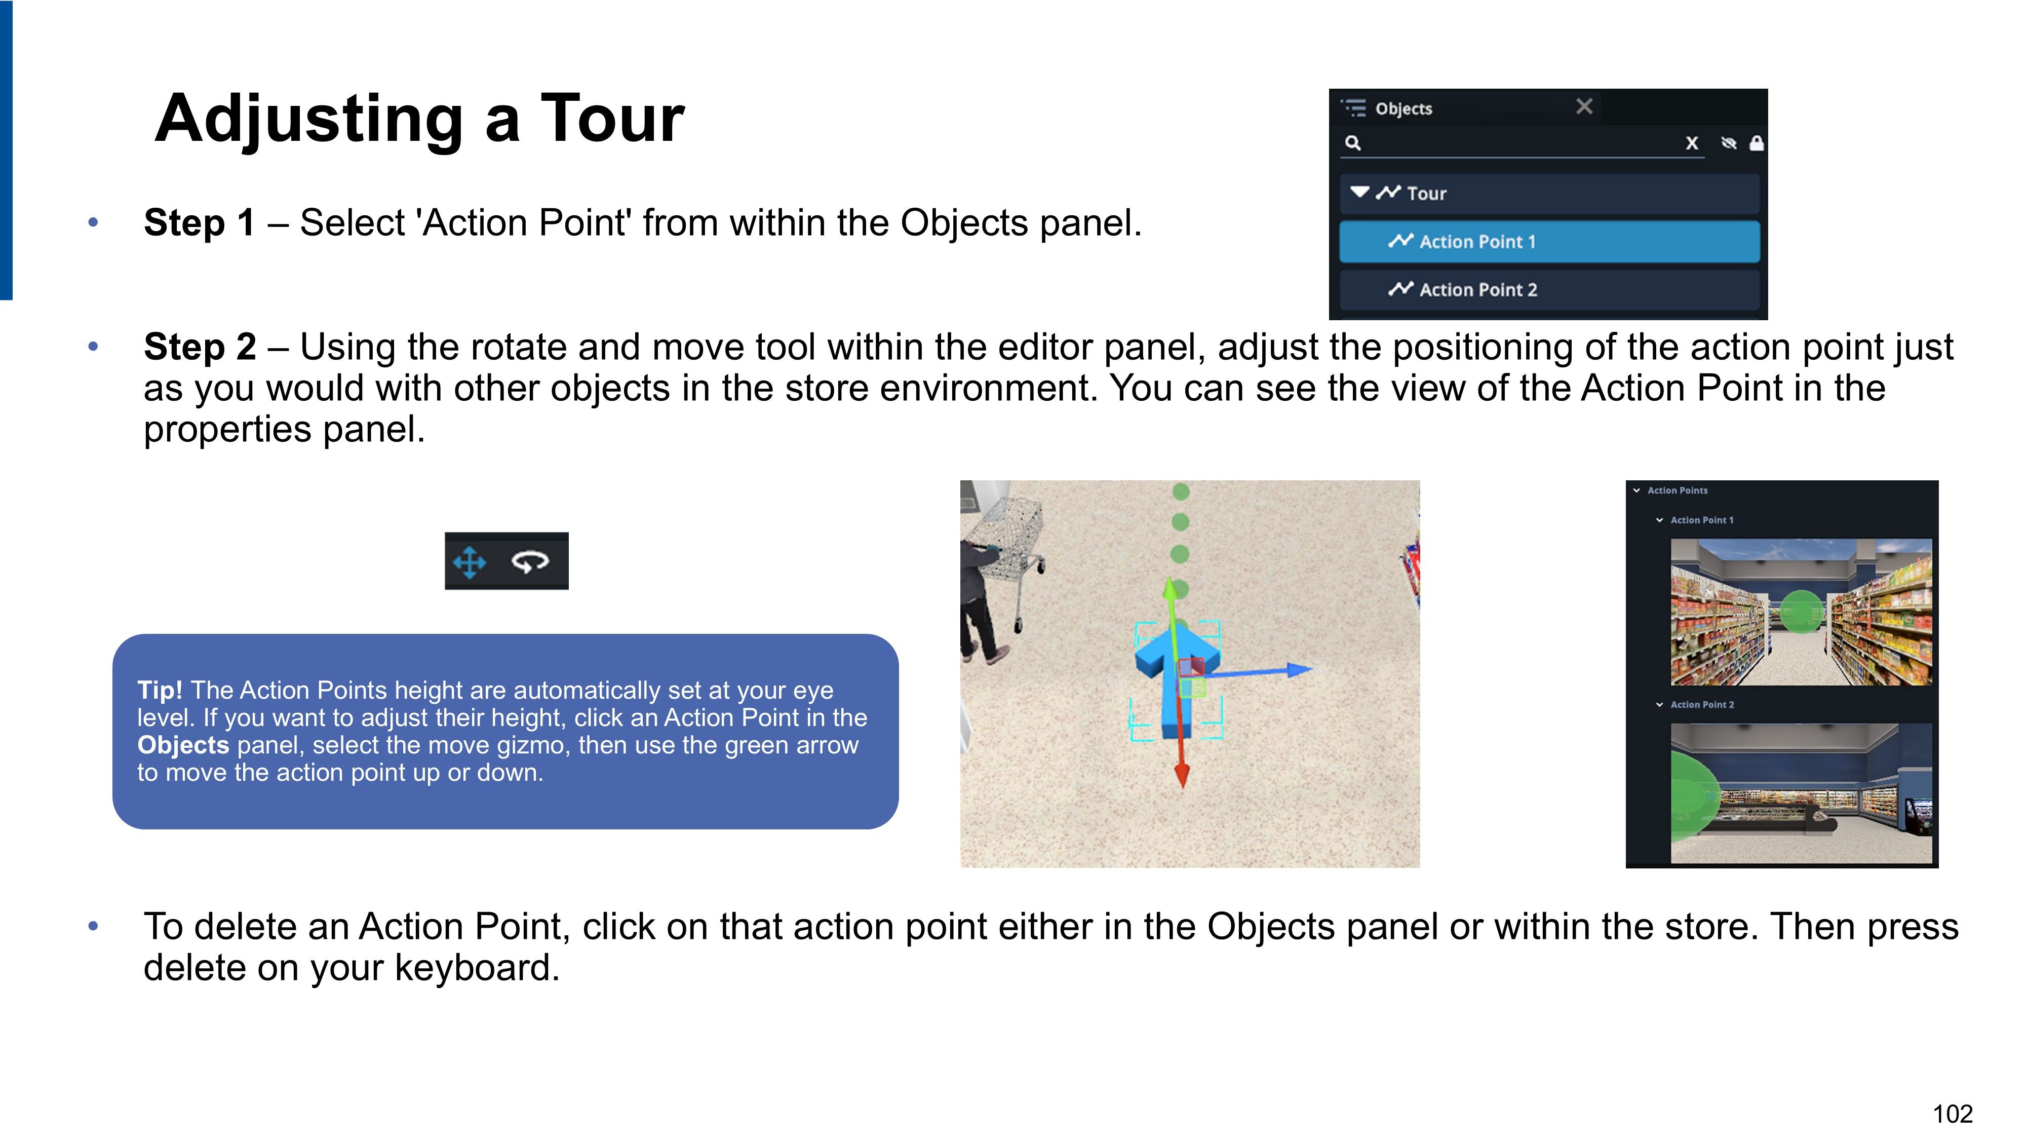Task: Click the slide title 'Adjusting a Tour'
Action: pyautogui.click(x=419, y=118)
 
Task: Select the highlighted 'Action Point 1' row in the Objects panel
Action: pyautogui.click(x=1549, y=242)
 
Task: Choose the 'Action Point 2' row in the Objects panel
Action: pyautogui.click(x=1549, y=289)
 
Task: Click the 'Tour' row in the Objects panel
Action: pyautogui.click(x=1549, y=194)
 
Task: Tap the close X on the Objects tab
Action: pyautogui.click(x=1584, y=106)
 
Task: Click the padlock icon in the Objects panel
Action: pyautogui.click(x=1756, y=142)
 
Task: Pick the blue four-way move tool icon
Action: pyautogui.click(x=470, y=562)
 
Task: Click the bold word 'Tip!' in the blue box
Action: pyautogui.click(x=160, y=690)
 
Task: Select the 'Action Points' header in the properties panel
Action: pyautogui.click(x=1677, y=490)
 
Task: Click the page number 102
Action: pyautogui.click(x=1953, y=1114)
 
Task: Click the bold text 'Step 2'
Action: pyautogui.click(x=200, y=347)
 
